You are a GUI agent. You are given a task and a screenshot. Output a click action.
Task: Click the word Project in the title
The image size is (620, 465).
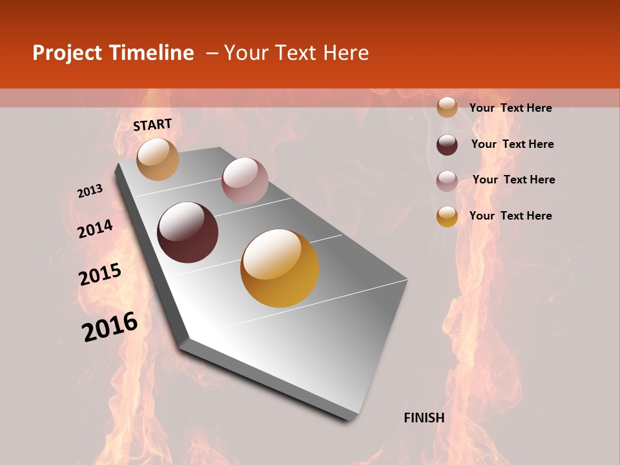[67, 53]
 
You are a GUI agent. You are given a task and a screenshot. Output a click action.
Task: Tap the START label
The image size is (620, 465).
[152, 125]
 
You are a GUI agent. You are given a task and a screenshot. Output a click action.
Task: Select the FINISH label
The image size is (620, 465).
[424, 418]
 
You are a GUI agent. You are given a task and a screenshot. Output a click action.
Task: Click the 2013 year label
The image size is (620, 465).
[90, 191]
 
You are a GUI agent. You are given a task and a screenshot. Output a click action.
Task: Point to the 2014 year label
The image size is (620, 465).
[95, 229]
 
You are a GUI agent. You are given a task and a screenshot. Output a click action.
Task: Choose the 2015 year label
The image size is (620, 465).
[100, 274]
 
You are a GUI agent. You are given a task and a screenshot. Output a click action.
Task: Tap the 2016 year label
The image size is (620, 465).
[110, 326]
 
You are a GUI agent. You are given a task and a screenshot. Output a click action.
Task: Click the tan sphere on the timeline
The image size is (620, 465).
[158, 159]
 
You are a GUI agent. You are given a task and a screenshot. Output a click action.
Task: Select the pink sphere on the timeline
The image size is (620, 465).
[245, 181]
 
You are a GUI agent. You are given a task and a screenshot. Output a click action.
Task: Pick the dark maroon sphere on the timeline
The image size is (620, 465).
[188, 232]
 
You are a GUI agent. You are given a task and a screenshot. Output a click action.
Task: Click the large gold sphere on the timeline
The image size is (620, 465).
[280, 268]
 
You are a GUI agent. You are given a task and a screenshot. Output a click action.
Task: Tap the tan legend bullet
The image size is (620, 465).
[447, 107]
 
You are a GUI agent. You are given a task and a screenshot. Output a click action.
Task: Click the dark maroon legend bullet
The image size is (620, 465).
[447, 144]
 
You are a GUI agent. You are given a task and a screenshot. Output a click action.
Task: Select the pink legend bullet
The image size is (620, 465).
[447, 180]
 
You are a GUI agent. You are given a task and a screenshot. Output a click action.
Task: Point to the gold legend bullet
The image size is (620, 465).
[447, 216]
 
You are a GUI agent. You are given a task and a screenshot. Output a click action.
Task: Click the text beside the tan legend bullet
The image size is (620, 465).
[510, 108]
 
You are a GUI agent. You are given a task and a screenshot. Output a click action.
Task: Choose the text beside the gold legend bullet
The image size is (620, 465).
[510, 216]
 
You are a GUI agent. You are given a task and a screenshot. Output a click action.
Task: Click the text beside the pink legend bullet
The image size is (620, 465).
[513, 180]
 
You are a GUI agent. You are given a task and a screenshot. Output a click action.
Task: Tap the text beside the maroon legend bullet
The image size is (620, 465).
[512, 144]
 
